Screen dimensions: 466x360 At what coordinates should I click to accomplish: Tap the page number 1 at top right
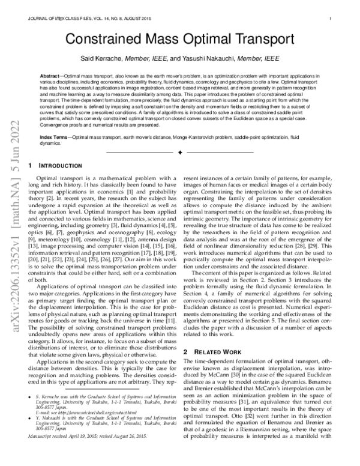click(x=332, y=19)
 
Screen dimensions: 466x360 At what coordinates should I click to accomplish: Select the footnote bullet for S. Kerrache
click(x=31, y=414)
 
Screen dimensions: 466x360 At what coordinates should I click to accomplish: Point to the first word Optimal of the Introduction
click(x=47, y=178)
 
